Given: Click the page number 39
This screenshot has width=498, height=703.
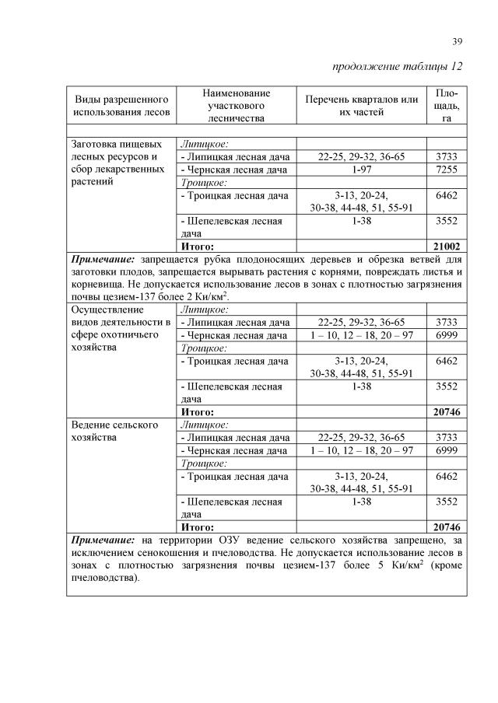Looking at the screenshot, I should (458, 41).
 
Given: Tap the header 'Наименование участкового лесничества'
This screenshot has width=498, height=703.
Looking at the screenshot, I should (232, 105).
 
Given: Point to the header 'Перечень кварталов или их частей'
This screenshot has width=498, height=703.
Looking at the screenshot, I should (362, 106).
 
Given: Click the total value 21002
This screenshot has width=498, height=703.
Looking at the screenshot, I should (447, 246).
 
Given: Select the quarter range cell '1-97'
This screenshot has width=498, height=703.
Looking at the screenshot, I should (362, 170).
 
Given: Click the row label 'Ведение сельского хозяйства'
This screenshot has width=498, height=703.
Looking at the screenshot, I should (115, 431).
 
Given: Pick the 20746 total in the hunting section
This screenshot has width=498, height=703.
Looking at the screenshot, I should (447, 412).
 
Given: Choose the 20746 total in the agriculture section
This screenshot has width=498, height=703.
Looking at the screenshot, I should (447, 526).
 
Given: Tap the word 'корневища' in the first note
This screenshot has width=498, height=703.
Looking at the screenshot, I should (97, 285).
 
